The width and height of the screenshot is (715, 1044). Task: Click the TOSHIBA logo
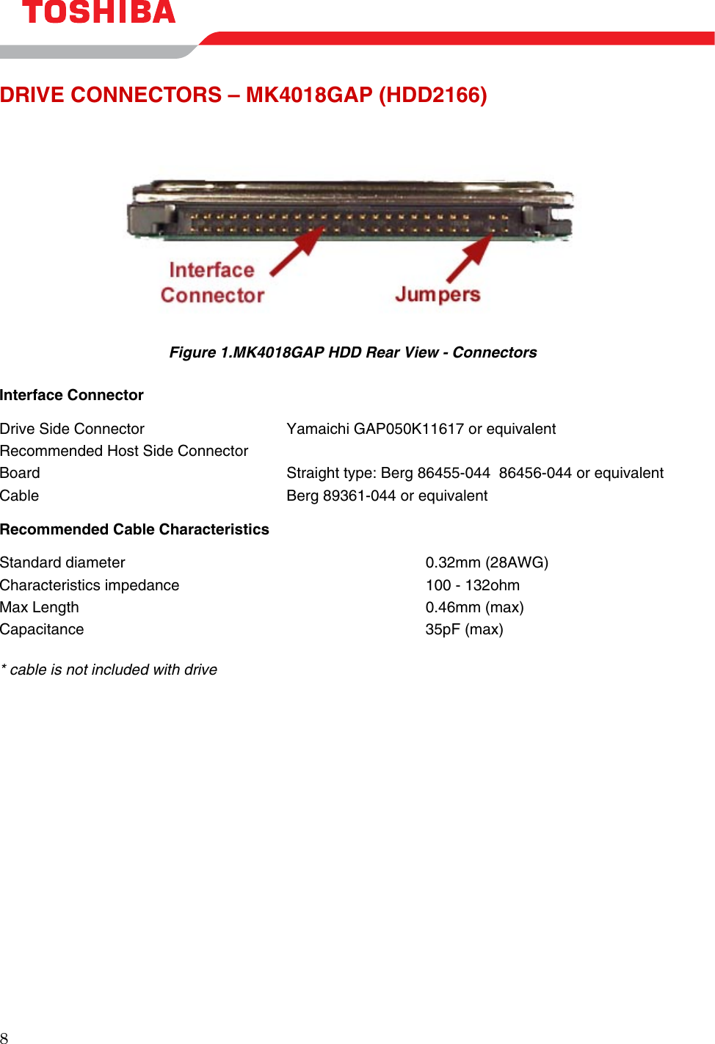pos(99,12)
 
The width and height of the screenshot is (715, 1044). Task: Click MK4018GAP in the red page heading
pos(308,95)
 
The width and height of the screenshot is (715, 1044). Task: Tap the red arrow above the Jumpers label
pos(471,258)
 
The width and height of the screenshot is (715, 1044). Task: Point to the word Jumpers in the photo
pos(438,294)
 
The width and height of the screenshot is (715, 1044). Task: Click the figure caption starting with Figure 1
pos(353,352)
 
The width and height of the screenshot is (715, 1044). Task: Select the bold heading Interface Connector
pos(72,395)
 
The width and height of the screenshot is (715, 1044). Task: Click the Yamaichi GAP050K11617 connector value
pos(421,429)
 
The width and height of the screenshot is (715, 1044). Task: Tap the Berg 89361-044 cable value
pos(387,496)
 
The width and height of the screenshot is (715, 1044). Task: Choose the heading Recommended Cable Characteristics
pos(134,529)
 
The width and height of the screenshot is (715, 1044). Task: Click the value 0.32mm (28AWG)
pos(487,562)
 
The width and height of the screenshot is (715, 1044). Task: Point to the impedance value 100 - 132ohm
pos(472,585)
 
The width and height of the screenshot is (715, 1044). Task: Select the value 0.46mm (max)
pos(474,607)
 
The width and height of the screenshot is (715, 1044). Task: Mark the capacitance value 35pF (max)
pos(464,629)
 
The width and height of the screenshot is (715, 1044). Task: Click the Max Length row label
pos(40,607)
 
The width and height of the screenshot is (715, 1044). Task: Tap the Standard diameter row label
pos(62,562)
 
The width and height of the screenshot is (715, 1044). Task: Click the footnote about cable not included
pos(109,670)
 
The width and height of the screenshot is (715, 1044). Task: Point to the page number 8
pos(4,1037)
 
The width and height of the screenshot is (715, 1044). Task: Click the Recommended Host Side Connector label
pos(124,451)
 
